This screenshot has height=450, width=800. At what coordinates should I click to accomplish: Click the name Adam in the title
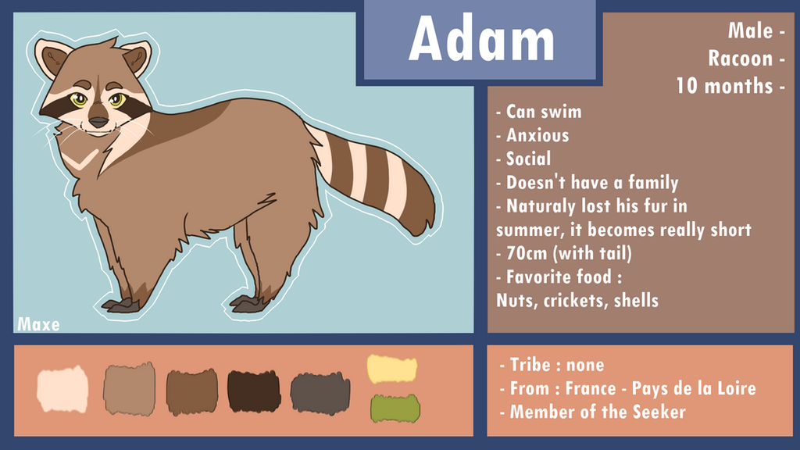point(481,39)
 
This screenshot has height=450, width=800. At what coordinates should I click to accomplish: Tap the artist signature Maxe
point(38,324)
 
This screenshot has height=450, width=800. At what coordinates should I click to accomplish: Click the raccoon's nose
point(98,123)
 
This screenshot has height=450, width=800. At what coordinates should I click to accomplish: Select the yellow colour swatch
point(392,369)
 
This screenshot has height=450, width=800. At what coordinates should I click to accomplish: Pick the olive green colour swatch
point(395,408)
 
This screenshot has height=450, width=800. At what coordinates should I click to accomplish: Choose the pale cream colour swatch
point(62,389)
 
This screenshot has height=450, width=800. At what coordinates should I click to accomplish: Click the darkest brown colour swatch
point(254,391)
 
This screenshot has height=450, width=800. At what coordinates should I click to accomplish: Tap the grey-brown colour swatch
point(320,393)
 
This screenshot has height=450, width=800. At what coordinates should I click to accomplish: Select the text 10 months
point(724,86)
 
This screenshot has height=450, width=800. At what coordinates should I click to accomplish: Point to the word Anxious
point(537,135)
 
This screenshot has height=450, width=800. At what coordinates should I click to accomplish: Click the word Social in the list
point(528,159)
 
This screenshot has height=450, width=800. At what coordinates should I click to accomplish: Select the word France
point(591,388)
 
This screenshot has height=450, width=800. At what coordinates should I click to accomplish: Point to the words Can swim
point(544,112)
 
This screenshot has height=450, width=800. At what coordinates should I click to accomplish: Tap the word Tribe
point(530,365)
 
